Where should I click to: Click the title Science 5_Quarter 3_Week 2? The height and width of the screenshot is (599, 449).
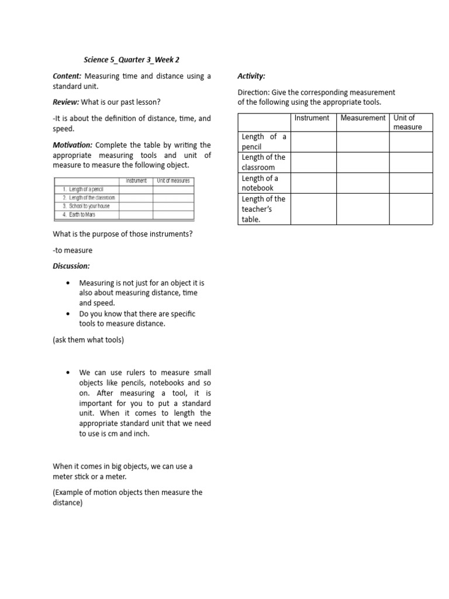tap(135, 59)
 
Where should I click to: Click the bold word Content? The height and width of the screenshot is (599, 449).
tap(67, 76)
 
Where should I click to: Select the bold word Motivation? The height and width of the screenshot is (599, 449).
tap(72, 145)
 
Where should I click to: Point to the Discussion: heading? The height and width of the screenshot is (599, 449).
tap(71, 266)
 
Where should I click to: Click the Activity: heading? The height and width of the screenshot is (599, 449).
tap(251, 76)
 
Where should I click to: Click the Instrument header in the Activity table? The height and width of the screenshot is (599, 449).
tap(312, 118)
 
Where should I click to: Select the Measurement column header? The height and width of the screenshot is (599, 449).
tap(362, 118)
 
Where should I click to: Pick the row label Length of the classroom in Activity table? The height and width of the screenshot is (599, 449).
tap(263, 162)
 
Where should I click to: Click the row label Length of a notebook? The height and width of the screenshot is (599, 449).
tap(260, 183)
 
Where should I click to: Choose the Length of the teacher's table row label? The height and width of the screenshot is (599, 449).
tap(263, 209)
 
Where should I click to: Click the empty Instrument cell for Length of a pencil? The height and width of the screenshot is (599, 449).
tap(313, 142)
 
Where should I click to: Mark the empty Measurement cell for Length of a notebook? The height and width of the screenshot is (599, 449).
tap(362, 183)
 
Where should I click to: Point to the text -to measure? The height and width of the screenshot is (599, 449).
tap(72, 250)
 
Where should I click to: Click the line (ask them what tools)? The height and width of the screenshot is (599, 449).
tap(88, 340)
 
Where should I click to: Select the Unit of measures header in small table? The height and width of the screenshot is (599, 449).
tap(172, 181)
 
